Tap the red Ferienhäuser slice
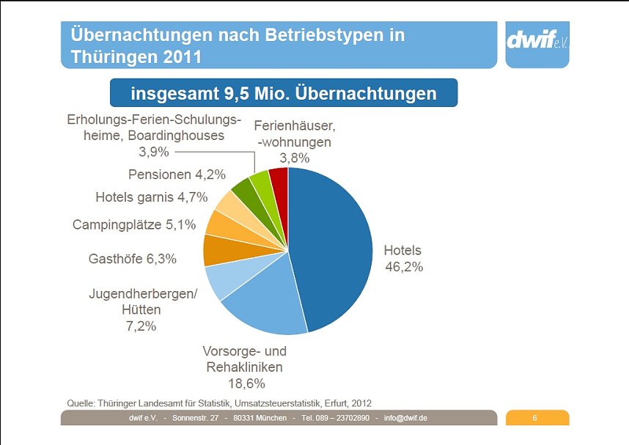pos(279,180)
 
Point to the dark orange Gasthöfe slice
pos(218,250)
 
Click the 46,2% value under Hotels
pos(404,267)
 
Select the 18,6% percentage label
pos(246,383)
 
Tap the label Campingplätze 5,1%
pos(134,225)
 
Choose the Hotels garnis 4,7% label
pos(152,197)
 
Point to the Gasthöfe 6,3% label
pos(133,259)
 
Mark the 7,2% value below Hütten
pos(142,326)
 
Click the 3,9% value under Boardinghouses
pos(154,152)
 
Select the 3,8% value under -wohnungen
pos(294,158)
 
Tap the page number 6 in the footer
pos(535,418)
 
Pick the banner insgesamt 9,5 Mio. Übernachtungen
pos(284,94)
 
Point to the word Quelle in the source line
pos(81,402)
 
